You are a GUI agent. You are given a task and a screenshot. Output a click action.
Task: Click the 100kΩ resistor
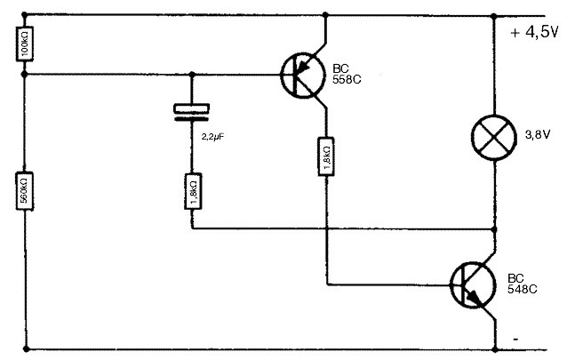(x=25, y=44)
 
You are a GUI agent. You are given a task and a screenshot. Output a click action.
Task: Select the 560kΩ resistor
(x=25, y=191)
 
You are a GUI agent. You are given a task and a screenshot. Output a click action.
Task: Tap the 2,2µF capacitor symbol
(x=192, y=112)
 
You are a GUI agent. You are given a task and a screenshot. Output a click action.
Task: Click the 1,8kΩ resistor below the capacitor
(x=193, y=191)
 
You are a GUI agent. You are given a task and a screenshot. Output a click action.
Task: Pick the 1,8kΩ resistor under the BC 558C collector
(x=326, y=156)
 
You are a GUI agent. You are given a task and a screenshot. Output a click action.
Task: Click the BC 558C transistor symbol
(x=303, y=76)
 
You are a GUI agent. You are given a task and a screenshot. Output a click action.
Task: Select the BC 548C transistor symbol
(x=473, y=285)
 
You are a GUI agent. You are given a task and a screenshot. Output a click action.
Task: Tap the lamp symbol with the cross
(x=494, y=137)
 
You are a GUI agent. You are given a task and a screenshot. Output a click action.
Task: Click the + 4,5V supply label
(x=534, y=33)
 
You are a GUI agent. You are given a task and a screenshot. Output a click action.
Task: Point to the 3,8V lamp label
(x=538, y=135)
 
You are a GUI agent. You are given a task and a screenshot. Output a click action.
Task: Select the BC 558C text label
(x=347, y=74)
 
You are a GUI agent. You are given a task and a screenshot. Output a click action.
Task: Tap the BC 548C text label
(x=523, y=284)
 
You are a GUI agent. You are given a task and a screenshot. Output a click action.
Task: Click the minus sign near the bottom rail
(x=515, y=339)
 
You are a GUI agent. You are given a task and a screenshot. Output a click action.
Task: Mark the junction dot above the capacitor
(x=192, y=75)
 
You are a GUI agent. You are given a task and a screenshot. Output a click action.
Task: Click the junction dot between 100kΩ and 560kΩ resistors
(x=25, y=75)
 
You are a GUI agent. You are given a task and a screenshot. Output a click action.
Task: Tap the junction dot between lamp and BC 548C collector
(x=495, y=229)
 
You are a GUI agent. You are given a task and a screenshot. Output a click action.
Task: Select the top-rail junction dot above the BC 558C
(x=325, y=15)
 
